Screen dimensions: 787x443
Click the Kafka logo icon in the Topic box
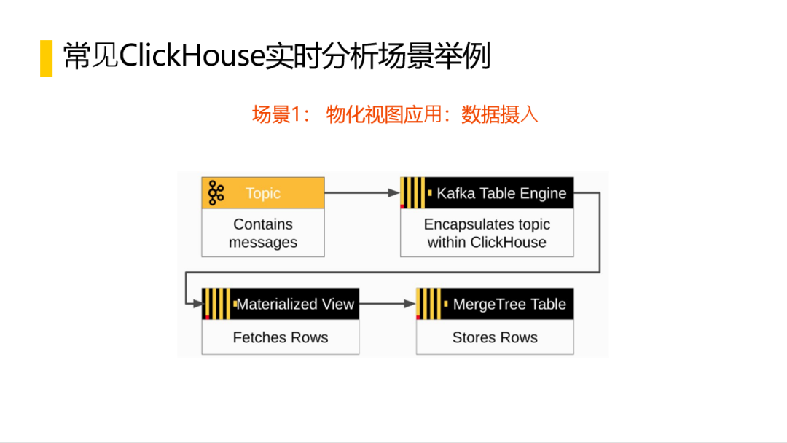point(216,192)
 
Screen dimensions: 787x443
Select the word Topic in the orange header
point(263,193)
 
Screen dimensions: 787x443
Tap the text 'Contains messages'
point(263,232)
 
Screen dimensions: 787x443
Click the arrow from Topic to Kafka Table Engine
point(362,192)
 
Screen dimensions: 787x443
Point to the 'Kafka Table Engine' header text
point(501,193)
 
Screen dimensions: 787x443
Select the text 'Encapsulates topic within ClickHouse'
point(487,232)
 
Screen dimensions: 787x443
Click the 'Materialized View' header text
point(295,304)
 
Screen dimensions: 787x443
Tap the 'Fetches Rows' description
point(281,337)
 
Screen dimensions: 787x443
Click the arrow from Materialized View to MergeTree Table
point(388,304)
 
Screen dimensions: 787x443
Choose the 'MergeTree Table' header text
point(509,304)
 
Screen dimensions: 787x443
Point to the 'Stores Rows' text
point(495,337)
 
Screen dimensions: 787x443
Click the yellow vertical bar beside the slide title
point(46,58)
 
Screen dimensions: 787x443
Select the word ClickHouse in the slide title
point(192,55)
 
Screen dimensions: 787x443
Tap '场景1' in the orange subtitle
point(277,114)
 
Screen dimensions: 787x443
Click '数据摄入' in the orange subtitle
point(499,114)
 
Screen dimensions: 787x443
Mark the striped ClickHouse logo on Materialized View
point(218,304)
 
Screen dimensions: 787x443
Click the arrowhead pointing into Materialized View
point(197,304)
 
